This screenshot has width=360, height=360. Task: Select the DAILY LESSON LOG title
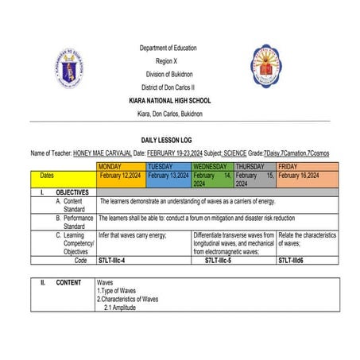click(179, 139)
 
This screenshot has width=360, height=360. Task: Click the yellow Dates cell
click(47, 176)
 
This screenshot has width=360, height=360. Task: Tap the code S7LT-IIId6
click(295, 260)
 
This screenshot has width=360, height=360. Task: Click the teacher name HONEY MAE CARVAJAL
click(102, 152)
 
